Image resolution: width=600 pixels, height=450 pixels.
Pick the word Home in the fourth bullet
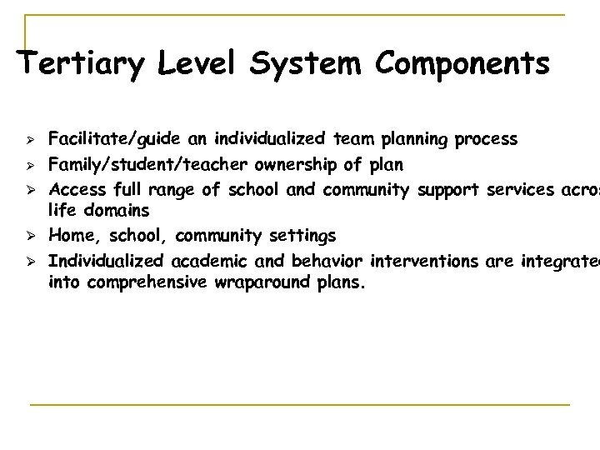72,237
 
